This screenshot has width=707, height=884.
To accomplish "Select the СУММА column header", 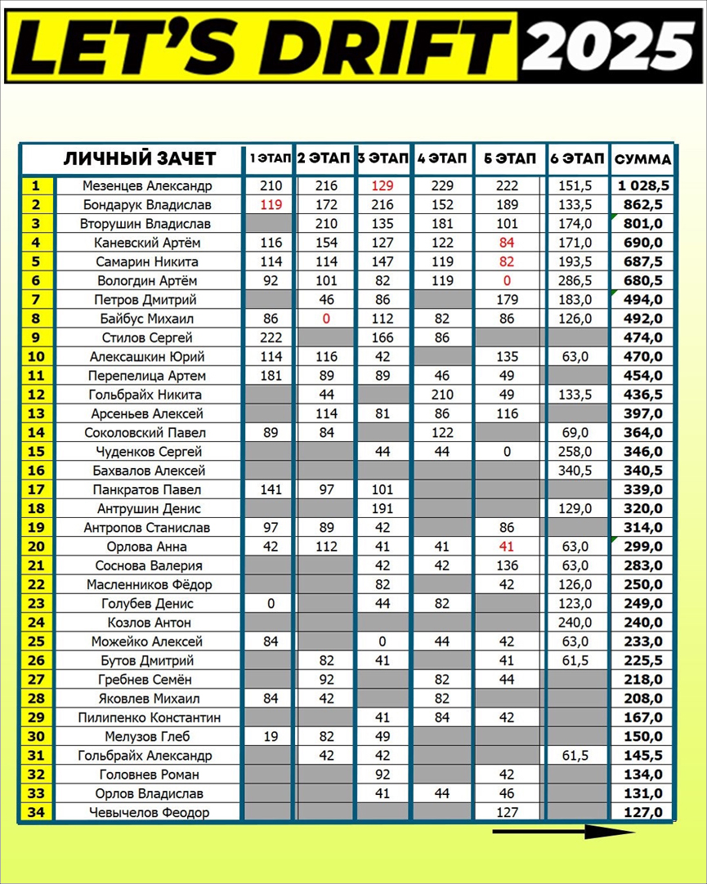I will [642, 159].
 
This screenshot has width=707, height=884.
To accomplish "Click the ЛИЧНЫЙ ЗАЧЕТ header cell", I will [140, 158].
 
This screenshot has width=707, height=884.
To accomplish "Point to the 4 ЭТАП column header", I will [441, 158].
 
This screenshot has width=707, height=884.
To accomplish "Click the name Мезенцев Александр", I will [147, 185].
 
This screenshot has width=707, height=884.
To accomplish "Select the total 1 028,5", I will [642, 185].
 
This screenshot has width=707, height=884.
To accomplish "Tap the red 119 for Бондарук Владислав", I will [270, 204].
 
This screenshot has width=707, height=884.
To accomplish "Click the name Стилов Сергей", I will [147, 337].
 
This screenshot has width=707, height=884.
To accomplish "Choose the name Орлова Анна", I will [147, 547].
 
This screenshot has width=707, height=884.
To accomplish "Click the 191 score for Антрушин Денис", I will [383, 508].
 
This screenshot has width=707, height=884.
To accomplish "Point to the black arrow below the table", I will [563, 833].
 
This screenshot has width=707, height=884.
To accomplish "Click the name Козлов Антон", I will [147, 623].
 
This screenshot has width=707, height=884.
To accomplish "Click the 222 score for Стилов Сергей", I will [270, 337].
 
